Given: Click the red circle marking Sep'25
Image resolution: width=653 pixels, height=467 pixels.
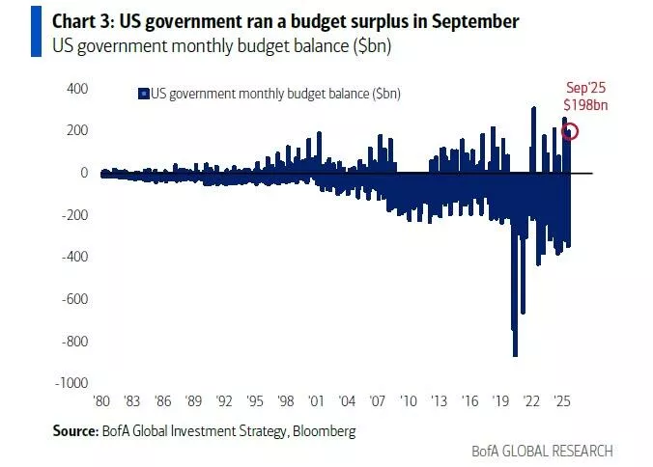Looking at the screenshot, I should (x=571, y=132).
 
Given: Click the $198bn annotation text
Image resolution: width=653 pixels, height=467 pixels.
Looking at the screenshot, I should (x=584, y=104).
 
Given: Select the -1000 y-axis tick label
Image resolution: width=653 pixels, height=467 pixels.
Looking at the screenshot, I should (x=71, y=383).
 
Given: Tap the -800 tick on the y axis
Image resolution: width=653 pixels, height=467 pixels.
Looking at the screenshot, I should (x=74, y=341).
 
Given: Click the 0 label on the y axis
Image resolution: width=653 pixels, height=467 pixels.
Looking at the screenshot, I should (x=84, y=173).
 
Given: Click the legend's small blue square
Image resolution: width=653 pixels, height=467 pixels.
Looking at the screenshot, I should (x=143, y=94).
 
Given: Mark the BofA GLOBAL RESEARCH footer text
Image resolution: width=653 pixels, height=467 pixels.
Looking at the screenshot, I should (x=542, y=451).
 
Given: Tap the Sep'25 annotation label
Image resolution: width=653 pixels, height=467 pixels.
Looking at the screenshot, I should (x=584, y=88).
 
